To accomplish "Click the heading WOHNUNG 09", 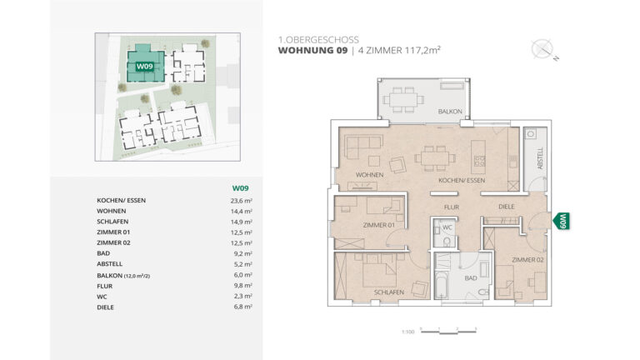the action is [312, 50].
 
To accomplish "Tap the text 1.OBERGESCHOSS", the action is [318, 40].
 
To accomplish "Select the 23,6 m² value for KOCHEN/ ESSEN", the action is [241, 200].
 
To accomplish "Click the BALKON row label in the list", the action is [109, 276].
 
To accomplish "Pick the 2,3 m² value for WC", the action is [242, 296].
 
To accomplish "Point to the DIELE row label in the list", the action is [105, 307].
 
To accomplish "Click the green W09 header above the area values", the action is [240, 188].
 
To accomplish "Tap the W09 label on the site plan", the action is [144, 66].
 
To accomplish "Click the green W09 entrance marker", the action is [561, 221].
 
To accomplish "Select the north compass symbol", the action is [542, 49].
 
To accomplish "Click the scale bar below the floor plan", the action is [448, 332].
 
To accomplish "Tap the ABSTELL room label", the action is [540, 158].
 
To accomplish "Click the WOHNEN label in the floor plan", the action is [369, 175].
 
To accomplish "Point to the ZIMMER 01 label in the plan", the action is [379, 225].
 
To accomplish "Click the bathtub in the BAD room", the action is [442, 284].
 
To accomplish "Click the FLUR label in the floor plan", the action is [452, 207].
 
